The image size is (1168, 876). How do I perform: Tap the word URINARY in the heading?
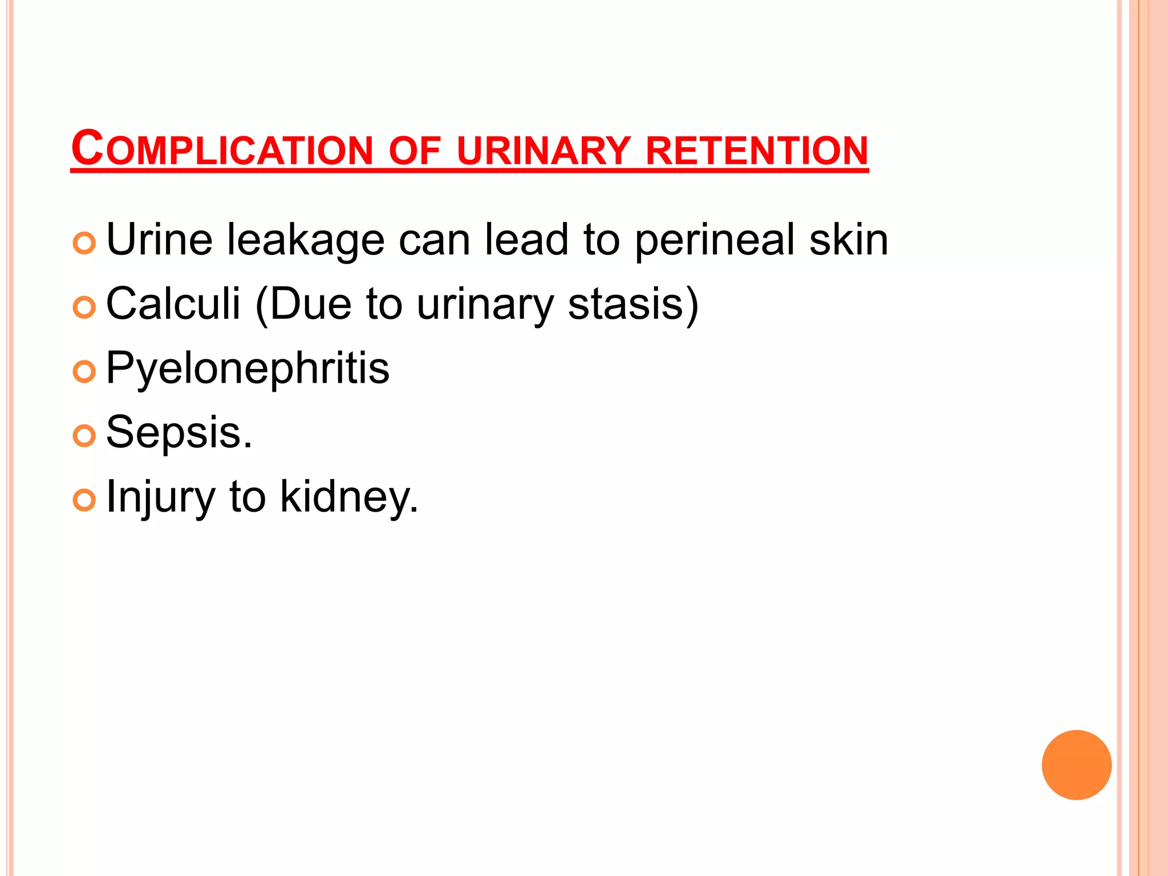pos(544,151)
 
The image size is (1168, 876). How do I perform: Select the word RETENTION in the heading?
pos(757,151)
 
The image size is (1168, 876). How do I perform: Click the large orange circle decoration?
pos(1076,765)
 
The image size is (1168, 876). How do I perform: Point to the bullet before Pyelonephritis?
pos(84,372)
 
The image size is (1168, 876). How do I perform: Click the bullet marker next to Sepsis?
pos(84,436)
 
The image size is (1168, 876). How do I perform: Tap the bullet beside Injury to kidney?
pos(84,500)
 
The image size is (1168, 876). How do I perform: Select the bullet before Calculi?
pos(84,308)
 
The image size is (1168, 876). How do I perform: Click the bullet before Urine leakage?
pos(84,244)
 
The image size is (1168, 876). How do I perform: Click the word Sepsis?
pos(179,432)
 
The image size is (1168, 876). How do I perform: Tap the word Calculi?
pos(173,303)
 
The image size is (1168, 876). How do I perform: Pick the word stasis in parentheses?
pos(626,303)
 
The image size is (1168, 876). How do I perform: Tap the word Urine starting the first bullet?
pos(160,240)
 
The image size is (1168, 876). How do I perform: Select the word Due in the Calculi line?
pos(310,303)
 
